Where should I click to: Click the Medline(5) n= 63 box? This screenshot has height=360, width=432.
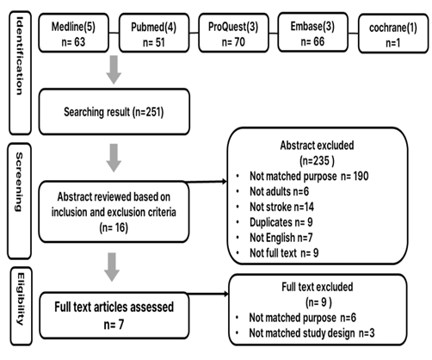tap(74, 33)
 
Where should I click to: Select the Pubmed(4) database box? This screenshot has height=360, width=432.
tap(154, 33)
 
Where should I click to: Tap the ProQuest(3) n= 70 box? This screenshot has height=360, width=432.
tap(233, 33)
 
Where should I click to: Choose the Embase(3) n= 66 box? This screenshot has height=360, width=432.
tap(313, 32)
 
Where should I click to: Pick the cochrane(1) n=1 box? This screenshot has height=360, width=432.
tap(393, 34)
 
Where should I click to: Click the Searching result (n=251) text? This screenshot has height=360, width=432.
tap(114, 112)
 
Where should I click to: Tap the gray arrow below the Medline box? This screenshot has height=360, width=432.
tap(114, 70)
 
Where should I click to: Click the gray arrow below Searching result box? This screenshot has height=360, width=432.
tap(114, 158)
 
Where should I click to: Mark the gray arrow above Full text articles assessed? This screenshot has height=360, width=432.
tap(112, 267)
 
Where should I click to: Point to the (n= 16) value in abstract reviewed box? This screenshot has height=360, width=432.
tap(114, 228)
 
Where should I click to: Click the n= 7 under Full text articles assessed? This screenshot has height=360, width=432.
tap(114, 325)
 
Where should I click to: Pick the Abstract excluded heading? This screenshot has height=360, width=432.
tap(317, 146)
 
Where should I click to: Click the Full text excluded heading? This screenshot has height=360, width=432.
tap(318, 287)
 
